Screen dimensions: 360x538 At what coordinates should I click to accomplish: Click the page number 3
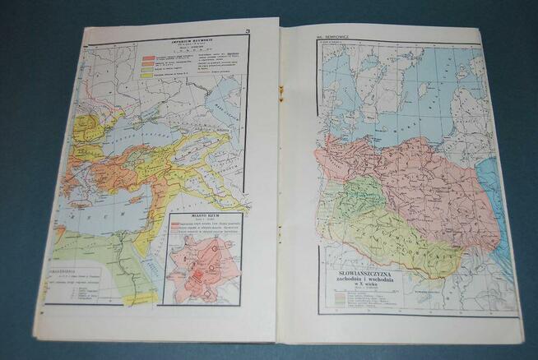(247, 32)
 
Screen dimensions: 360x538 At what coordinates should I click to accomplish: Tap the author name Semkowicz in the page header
(336, 37)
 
